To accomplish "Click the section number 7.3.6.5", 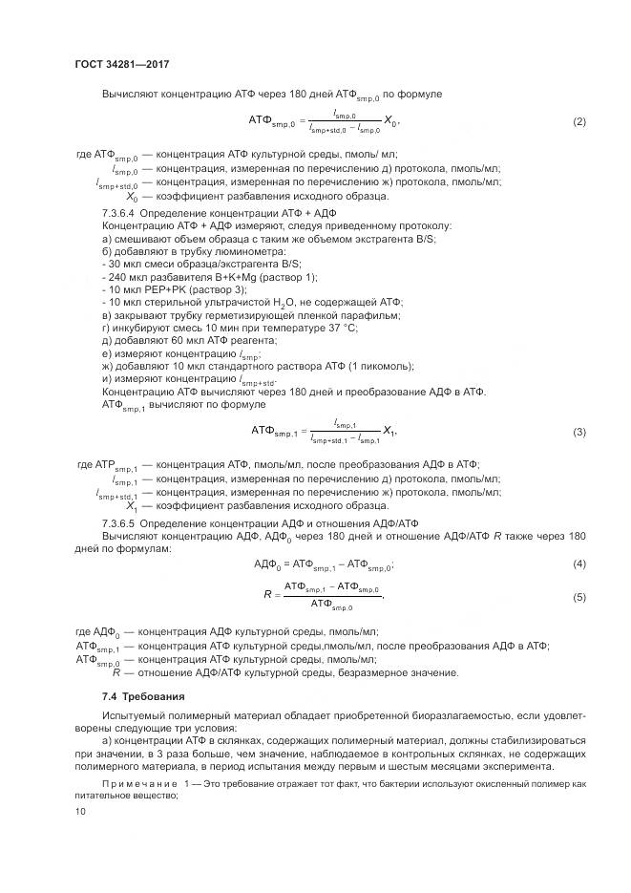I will (x=119, y=522).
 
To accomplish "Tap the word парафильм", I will (x=370, y=314).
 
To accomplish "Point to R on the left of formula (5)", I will (x=268, y=595).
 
